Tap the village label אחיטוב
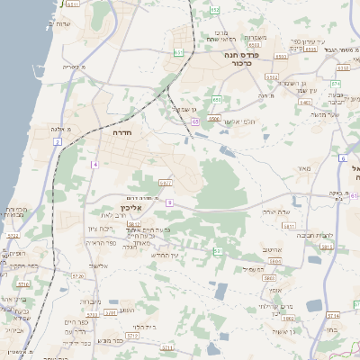pyautogui.click(x=272, y=249)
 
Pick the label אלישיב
pyautogui.click(x=99, y=266)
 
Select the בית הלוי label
pyautogui.click(x=144, y=326)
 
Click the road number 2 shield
pyautogui.click(x=57, y=142)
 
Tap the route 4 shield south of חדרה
pyautogui.click(x=94, y=165)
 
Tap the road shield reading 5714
pyautogui.click(x=331, y=315)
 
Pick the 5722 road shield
pyautogui.click(x=13, y=236)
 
